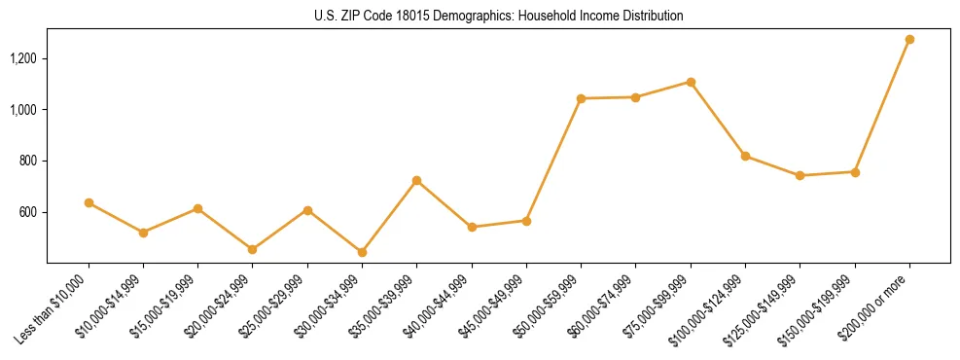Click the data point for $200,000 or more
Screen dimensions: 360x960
909,39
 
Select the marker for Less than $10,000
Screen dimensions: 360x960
89,202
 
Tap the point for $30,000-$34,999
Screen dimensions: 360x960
362,252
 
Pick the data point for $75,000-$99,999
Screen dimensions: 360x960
691,82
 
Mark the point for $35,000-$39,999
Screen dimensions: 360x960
416,180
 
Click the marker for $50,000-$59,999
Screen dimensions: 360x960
581,98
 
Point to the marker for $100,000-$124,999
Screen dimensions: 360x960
745,156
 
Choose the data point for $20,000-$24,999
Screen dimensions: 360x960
253,249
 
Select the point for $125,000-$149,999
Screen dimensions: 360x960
800,175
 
